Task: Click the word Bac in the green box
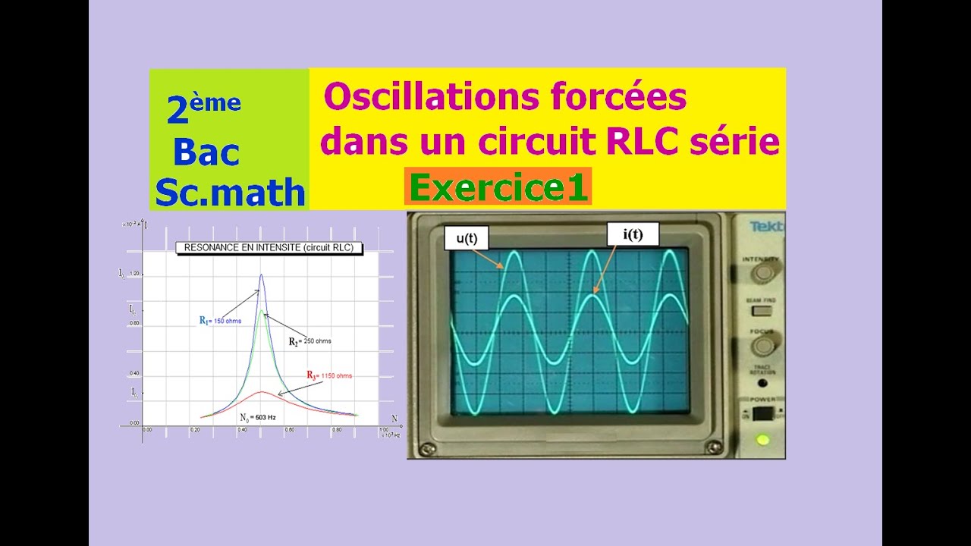pyautogui.click(x=206, y=152)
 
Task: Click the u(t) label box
pyautogui.click(x=467, y=238)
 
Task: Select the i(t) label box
pyautogui.click(x=633, y=234)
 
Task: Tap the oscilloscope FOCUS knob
pyautogui.click(x=761, y=347)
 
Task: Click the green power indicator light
pyautogui.click(x=762, y=439)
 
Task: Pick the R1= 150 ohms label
pyautogui.click(x=220, y=321)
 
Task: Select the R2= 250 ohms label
pyautogui.click(x=310, y=341)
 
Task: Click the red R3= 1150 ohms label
pyautogui.click(x=329, y=375)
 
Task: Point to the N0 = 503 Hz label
pyautogui.click(x=257, y=417)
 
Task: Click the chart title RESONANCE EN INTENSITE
pyautogui.click(x=269, y=247)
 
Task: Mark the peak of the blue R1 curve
pyautogui.click(x=262, y=275)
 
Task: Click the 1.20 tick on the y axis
pyautogui.click(x=135, y=273)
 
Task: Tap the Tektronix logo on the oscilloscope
pyautogui.click(x=766, y=226)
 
